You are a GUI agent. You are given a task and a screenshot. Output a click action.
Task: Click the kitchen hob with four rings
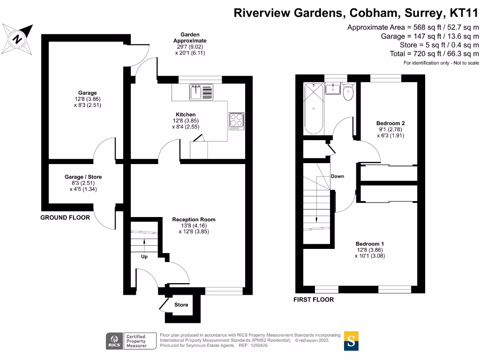(x=237, y=121)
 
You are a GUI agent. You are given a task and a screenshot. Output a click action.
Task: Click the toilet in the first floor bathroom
(x=348, y=92)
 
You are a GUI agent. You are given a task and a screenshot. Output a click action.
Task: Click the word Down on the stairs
(x=337, y=176)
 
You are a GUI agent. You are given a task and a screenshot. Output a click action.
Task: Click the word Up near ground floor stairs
(x=144, y=257)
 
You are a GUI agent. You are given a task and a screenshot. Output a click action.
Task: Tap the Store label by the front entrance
(x=181, y=305)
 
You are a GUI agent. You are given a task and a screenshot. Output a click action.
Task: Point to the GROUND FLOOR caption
(x=65, y=217)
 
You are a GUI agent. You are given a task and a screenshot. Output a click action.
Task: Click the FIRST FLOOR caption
(x=314, y=300)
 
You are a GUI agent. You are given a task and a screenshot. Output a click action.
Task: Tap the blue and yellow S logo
(x=352, y=341)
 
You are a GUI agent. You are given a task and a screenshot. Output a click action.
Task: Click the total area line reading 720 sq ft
(x=434, y=54)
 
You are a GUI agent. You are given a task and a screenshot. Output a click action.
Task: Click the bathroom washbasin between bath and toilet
(x=333, y=89)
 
